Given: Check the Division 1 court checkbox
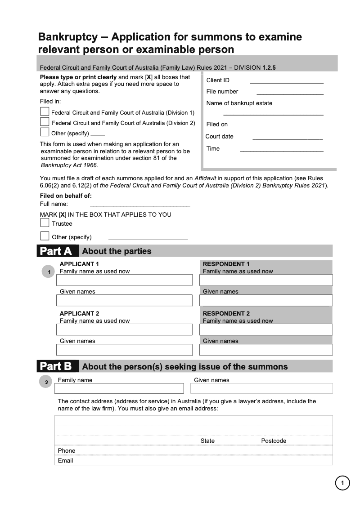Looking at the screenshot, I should pos(45,111).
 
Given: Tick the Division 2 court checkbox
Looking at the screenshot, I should pos(45,122).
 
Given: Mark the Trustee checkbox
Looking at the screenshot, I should pos(45,223).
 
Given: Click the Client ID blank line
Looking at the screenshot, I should pos(286,82).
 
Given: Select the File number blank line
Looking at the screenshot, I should pos(290,94).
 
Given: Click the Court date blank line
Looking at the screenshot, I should pos(288,138).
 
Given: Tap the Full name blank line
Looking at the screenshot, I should pos(140,206).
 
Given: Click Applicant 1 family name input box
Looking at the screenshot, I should pos(124,280).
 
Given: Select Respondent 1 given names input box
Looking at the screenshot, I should pos(266,300).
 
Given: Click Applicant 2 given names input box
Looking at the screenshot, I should pos(124,350).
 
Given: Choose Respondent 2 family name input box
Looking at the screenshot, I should pos(266,330).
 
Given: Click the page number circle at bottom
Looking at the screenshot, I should pos(342,483).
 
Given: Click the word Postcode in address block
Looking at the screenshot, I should pos(274,441).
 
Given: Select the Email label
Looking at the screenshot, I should pos(65,460).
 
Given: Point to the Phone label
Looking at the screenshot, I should pos(67,450).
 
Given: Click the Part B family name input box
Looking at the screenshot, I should pos(119,388).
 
